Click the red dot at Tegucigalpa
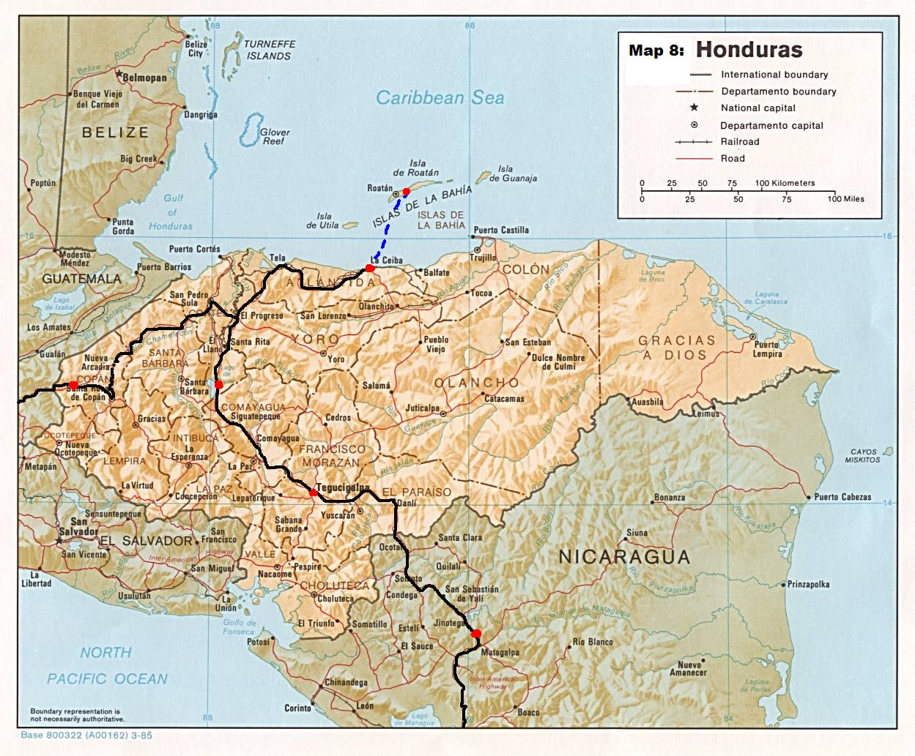[x=314, y=493]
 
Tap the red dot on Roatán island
[x=407, y=191]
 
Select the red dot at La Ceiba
[x=370, y=269]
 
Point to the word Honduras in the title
[x=749, y=50]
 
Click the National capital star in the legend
[x=694, y=108]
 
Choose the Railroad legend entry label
[x=740, y=142]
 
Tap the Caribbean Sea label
[x=440, y=98]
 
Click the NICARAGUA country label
[x=624, y=557]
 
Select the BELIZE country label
[x=115, y=132]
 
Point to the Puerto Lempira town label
[x=767, y=349]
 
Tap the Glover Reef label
[x=275, y=137]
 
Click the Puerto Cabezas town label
[x=842, y=497]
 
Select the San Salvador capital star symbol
[x=60, y=540]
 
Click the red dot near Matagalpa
[x=476, y=633]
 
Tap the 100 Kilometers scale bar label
[x=785, y=183]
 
